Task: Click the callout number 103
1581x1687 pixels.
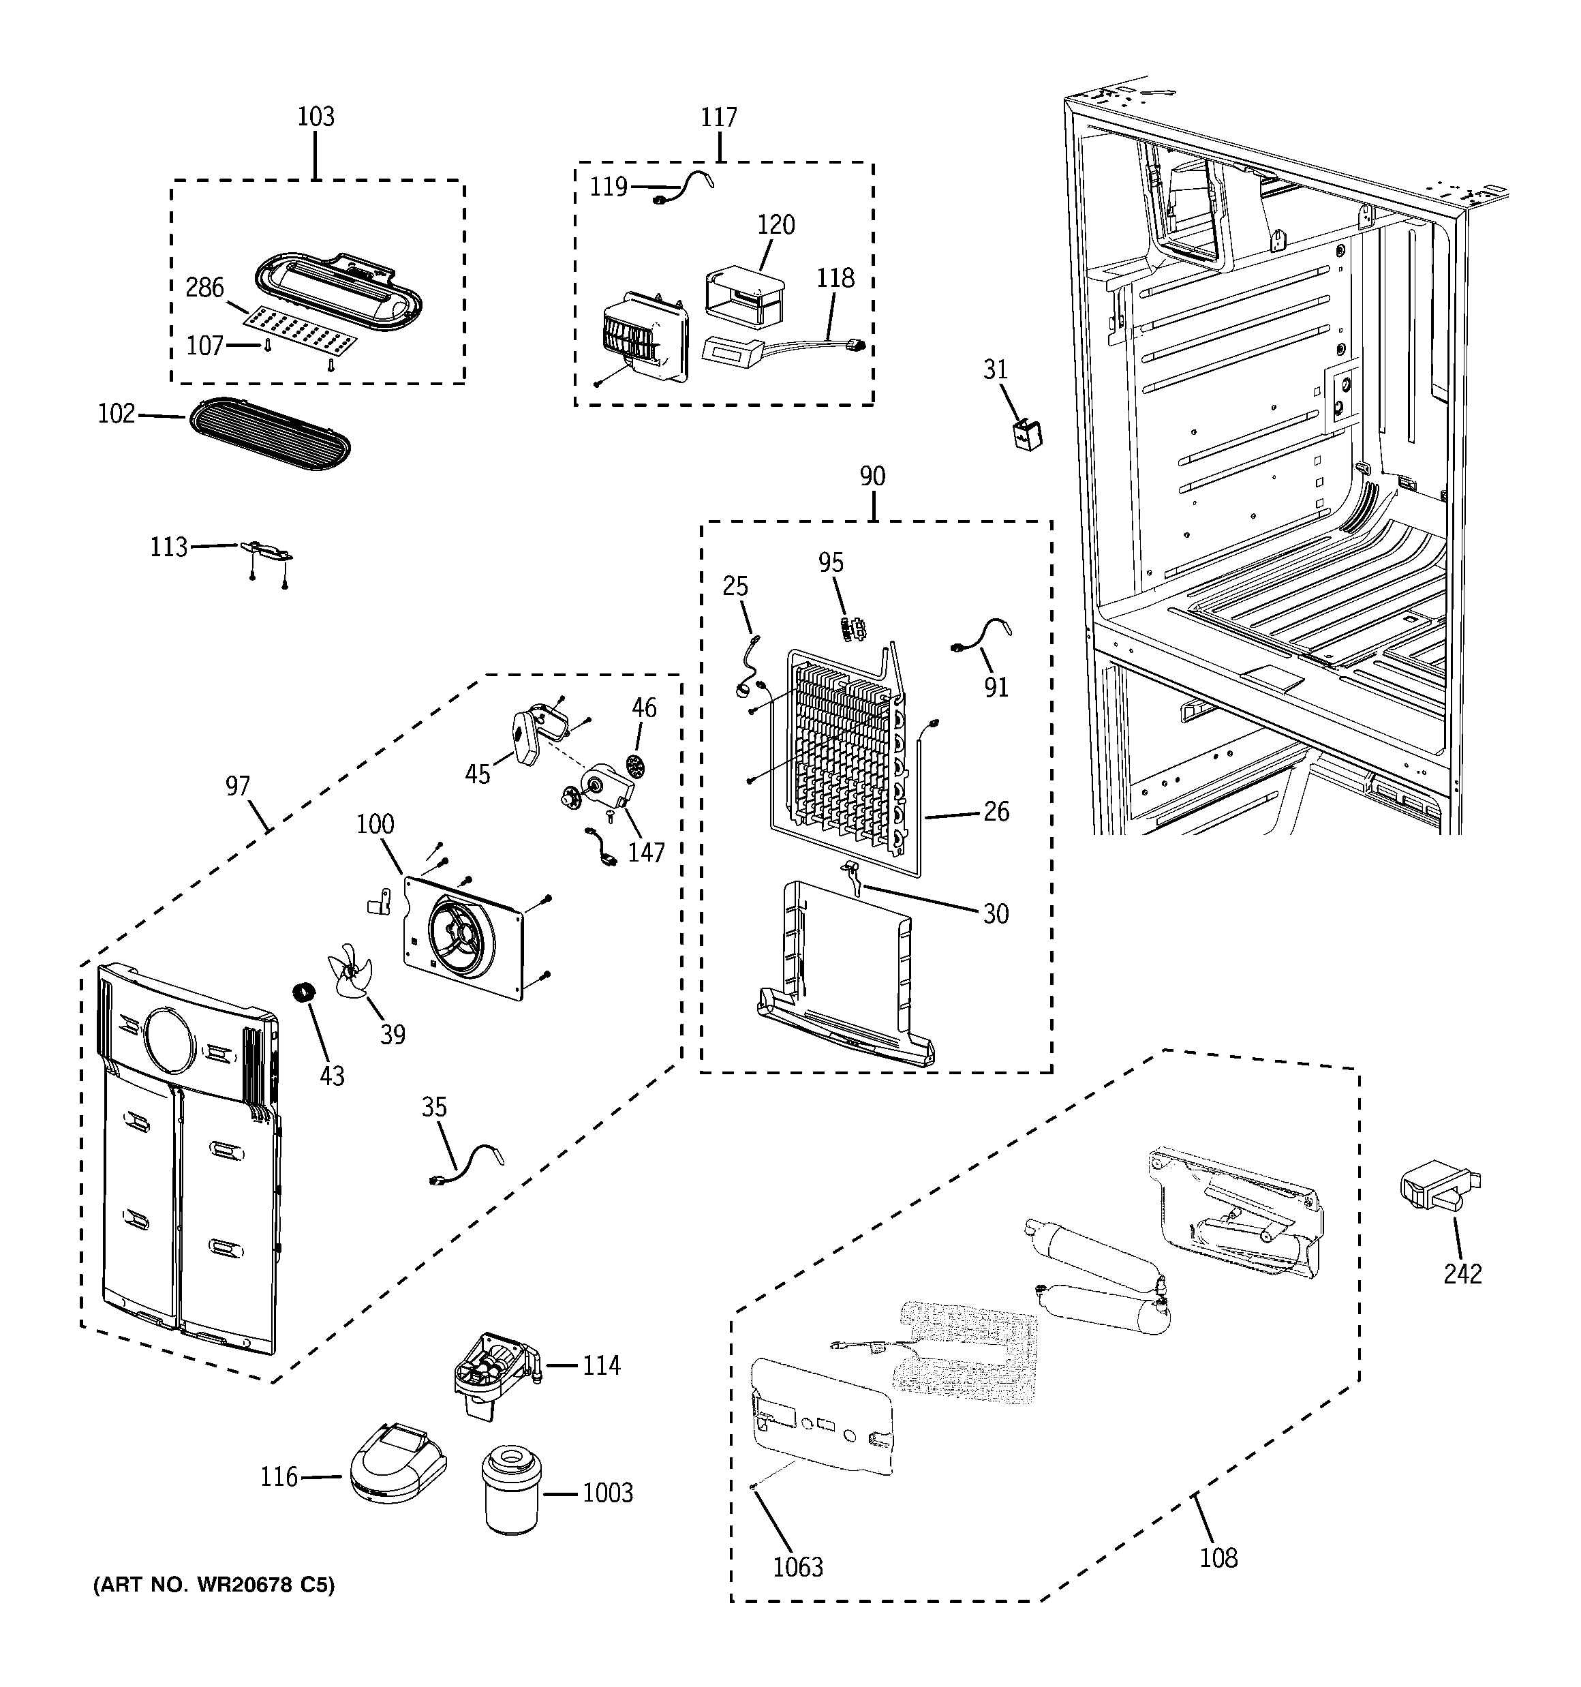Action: (315, 117)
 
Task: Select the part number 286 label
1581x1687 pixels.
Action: (204, 288)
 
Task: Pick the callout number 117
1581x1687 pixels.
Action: (718, 117)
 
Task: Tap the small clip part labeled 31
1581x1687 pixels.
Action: (1028, 434)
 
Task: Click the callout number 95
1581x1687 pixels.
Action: (830, 562)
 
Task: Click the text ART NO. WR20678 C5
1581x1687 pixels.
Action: (214, 1584)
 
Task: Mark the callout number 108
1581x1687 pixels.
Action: (1218, 1557)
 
